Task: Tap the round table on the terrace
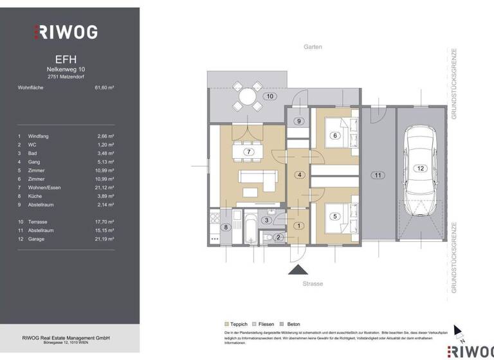click(248, 97)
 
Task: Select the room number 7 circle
click(248, 152)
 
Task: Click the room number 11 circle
click(378, 175)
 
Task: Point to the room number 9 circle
click(298, 121)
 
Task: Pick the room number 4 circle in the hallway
click(298, 175)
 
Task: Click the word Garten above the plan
click(313, 47)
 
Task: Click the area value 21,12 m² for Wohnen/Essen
click(104, 187)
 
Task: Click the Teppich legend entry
click(236, 324)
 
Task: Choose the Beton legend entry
click(291, 324)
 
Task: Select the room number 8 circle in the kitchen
click(226, 227)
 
